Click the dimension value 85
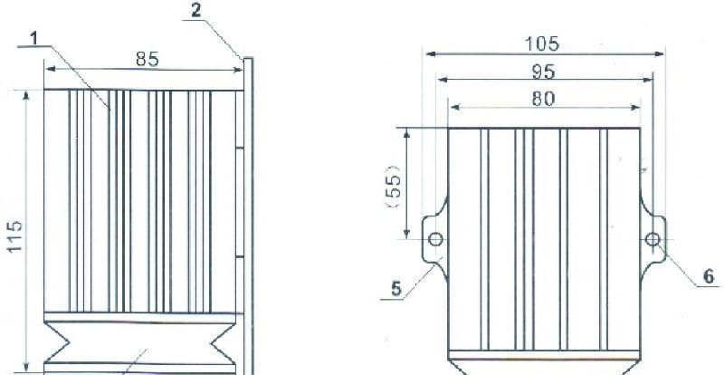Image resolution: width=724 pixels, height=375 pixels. (x=148, y=59)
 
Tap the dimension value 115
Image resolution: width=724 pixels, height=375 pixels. (x=14, y=236)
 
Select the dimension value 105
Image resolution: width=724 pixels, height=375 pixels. (x=542, y=43)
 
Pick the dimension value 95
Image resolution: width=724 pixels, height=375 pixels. (x=544, y=72)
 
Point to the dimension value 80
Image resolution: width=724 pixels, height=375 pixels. (x=543, y=99)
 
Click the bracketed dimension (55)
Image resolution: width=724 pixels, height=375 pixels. (x=394, y=187)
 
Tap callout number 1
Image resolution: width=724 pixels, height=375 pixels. (x=33, y=39)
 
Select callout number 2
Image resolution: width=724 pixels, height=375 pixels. (x=196, y=11)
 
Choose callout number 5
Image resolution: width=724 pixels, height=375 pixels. (x=396, y=290)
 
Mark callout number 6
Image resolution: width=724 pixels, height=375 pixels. (x=709, y=276)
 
